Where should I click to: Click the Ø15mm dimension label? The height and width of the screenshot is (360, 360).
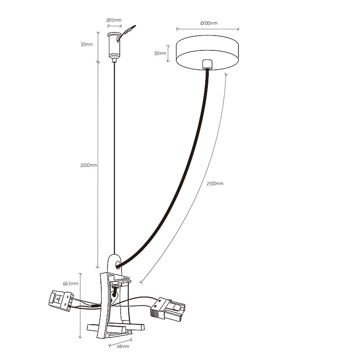[114, 20]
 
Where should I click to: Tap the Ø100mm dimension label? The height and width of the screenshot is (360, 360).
[209, 23]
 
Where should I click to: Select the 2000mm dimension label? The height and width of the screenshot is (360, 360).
[89, 165]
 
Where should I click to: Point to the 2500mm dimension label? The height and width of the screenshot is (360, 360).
[215, 184]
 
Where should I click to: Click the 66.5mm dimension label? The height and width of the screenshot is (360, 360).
[71, 283]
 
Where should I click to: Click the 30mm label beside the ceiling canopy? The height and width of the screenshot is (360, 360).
[160, 53]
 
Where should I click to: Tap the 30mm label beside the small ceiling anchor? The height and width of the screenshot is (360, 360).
[86, 44]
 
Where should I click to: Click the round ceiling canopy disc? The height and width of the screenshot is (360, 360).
[207, 52]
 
